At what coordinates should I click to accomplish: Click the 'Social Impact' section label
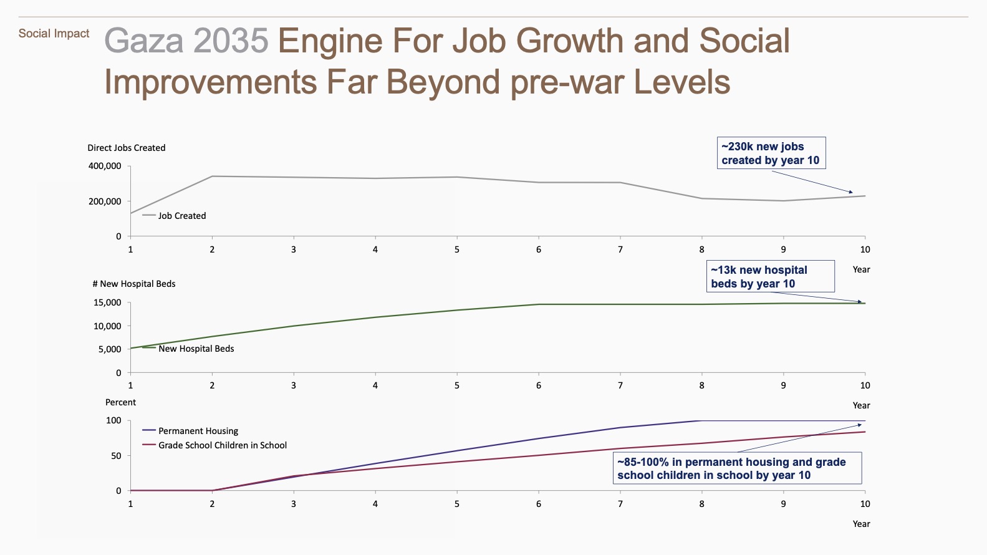[x=54, y=34]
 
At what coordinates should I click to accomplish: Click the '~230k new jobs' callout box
[x=771, y=153]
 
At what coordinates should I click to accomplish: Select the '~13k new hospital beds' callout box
[x=771, y=277]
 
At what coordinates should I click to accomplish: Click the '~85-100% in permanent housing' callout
[x=738, y=468]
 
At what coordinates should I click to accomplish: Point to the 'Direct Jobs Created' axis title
[x=126, y=148]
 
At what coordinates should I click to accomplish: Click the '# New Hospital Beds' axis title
[x=133, y=284]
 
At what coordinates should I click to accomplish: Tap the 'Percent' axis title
[x=120, y=402]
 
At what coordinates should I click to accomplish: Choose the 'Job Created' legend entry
[x=181, y=216]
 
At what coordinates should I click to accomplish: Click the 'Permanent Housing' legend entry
[x=198, y=431]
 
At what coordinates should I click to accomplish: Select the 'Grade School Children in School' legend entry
[x=222, y=445]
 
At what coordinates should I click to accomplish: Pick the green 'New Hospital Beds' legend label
[x=196, y=349]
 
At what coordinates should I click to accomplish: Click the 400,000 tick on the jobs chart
[x=105, y=166]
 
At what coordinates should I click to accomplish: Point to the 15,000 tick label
[x=107, y=302]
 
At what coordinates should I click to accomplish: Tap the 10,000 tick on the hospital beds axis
[x=107, y=326]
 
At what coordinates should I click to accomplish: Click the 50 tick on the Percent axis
[x=116, y=456]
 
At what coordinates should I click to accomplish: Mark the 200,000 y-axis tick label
[x=105, y=201]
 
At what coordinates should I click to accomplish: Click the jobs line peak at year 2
[x=212, y=176]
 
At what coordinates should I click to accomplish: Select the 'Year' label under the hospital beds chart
[x=861, y=405]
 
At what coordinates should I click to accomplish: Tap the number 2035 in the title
[x=231, y=41]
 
